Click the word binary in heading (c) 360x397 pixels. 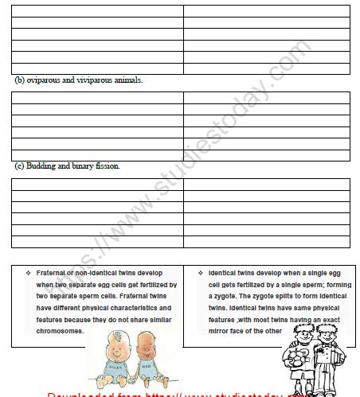(84, 166)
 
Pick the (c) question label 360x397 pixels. (20, 166)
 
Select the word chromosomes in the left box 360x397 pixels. (60, 329)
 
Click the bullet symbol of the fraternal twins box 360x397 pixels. (28, 272)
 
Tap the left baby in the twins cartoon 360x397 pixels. (106, 360)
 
